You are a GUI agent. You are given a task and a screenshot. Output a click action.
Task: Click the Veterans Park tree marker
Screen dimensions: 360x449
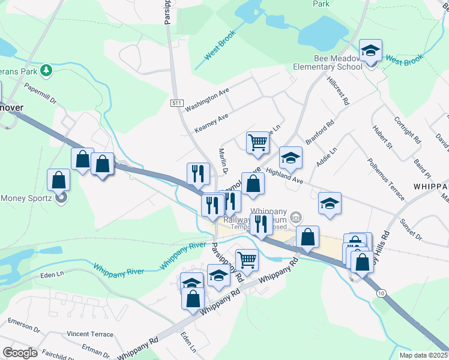(x=46, y=71)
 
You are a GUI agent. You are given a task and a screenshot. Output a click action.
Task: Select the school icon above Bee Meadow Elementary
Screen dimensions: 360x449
(x=370, y=50)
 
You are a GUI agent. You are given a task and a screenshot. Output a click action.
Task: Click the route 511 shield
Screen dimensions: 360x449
(x=176, y=103)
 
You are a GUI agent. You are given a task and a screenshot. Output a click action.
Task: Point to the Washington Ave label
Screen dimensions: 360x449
(x=207, y=100)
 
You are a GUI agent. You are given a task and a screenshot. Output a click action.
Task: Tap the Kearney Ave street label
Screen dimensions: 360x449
(x=211, y=124)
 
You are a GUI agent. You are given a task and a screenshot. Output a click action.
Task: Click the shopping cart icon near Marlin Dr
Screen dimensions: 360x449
(x=258, y=143)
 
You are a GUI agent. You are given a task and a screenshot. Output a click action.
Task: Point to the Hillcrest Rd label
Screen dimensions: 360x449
(x=338, y=91)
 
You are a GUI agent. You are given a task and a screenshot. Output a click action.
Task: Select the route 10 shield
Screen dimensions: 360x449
(x=382, y=291)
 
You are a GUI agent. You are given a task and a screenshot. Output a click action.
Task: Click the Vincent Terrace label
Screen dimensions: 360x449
(x=90, y=334)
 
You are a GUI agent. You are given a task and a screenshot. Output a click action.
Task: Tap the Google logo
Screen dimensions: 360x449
(x=20, y=353)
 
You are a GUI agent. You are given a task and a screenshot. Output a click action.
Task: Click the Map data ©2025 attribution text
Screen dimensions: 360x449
(x=424, y=355)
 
